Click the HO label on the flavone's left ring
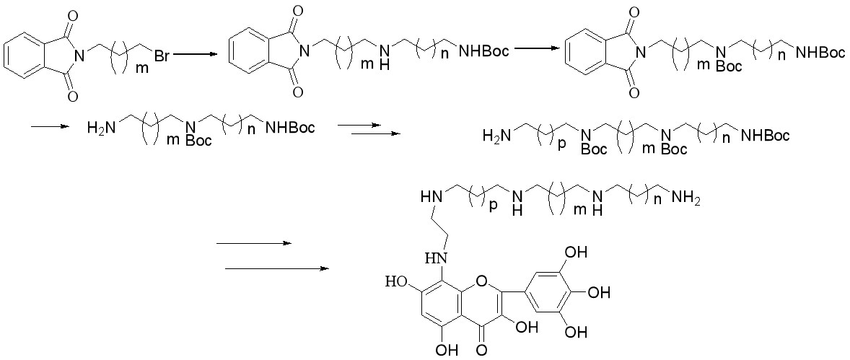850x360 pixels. (x=398, y=282)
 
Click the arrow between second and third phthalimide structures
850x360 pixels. (x=535, y=49)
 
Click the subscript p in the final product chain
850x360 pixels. (x=493, y=206)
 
